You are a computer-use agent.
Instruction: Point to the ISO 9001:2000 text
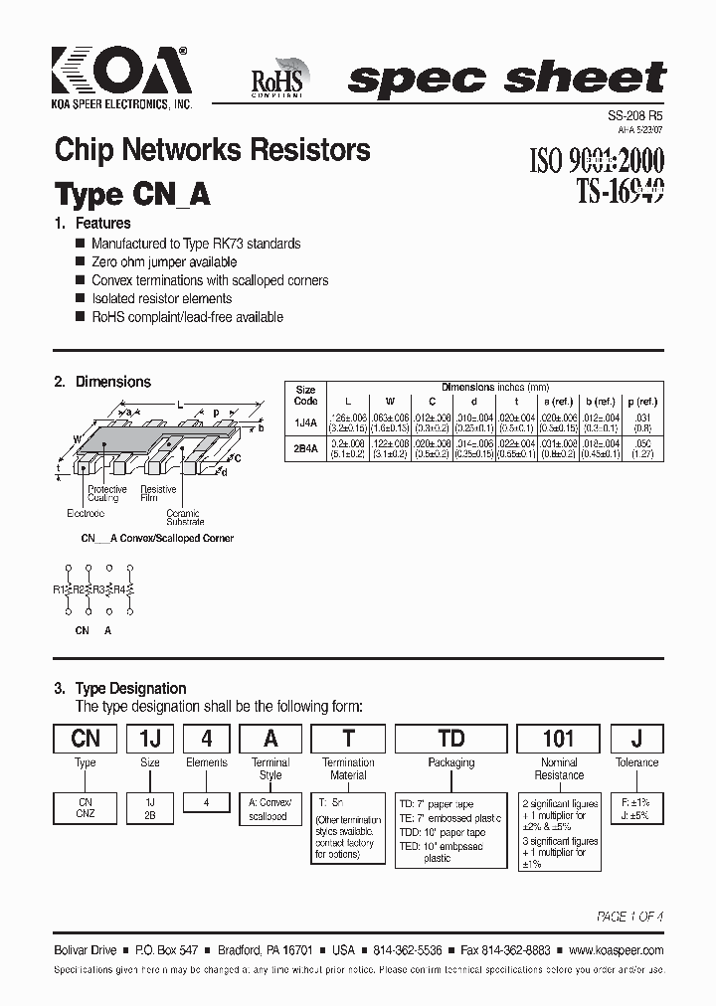coord(593,160)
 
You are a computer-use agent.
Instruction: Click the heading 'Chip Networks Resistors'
coord(213,150)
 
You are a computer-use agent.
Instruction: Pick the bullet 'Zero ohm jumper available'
coord(164,261)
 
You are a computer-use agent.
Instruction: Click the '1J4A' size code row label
coord(306,422)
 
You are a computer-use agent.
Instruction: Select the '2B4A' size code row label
coord(306,448)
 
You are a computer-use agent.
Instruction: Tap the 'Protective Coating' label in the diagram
coord(106,494)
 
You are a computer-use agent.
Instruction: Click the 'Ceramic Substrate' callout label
coord(185,518)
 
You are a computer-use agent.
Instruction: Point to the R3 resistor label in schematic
coord(98,589)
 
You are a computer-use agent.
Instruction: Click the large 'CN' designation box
coord(86,739)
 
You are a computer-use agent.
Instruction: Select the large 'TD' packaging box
coord(450,739)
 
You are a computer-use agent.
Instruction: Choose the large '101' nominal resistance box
coord(558,739)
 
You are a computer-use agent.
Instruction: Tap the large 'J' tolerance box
coord(636,739)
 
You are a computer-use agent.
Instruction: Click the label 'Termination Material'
coord(348,768)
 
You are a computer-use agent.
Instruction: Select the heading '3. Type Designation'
coord(120,688)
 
